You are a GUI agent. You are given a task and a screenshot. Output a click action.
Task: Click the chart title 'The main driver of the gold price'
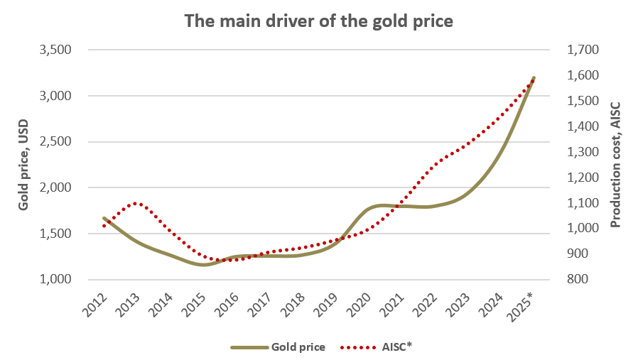coord(318,21)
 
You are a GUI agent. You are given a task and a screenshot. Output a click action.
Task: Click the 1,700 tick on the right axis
coord(580,50)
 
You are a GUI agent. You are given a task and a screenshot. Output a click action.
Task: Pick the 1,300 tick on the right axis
coord(580,152)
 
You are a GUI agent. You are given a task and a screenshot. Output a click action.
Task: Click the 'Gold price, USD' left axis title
coord(23,165)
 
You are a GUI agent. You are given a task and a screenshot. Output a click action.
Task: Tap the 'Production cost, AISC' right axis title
coord(615,165)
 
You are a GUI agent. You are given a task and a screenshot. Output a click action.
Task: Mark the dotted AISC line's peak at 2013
coord(137,203)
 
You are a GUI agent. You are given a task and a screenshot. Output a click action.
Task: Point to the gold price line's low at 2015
coord(204,265)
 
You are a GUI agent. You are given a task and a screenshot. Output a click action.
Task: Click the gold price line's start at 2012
coord(104,218)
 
